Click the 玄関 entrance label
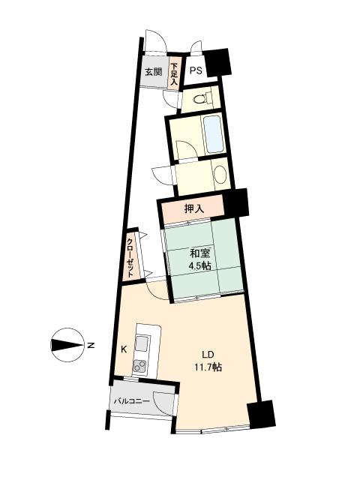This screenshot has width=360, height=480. tap(153, 73)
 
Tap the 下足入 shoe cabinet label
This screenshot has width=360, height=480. tap(174, 74)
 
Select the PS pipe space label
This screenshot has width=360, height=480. tap(195, 71)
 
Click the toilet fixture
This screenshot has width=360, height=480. tap(204, 97)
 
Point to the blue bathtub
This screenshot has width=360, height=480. tap(213, 134)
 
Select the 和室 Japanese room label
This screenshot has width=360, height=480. tap(199, 254)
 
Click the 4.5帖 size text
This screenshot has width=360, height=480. tap(199, 268)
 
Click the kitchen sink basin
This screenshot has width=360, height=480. tap(142, 344)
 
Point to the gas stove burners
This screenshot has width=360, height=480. tap(140, 366)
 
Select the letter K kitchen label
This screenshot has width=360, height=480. tap(123, 349)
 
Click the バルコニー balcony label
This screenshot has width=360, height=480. tap(132, 401)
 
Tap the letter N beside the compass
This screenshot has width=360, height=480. tap(91, 345)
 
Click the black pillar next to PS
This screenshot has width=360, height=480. tap(218, 62)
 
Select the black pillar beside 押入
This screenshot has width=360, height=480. tap(235, 202)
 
